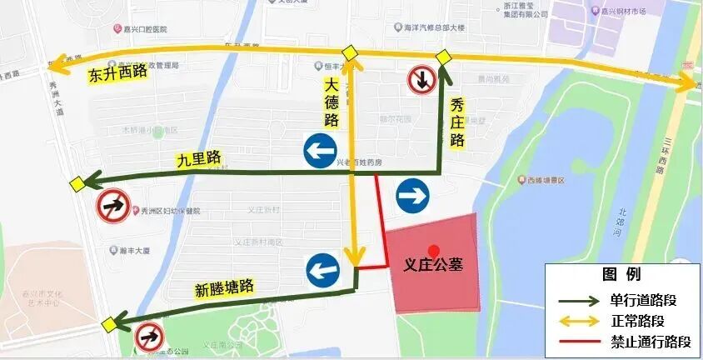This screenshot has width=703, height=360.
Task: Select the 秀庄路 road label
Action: (456, 122)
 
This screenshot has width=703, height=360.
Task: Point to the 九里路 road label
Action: (197, 158)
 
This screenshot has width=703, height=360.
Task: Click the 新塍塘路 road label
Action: (224, 288)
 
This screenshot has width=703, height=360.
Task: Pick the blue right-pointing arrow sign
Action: (412, 195)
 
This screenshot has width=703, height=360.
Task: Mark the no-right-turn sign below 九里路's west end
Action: (112, 206)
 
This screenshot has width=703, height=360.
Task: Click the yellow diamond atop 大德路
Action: (350, 53)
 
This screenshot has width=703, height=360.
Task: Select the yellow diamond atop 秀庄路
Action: (443, 57)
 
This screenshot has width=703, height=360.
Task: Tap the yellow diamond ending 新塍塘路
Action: (109, 324)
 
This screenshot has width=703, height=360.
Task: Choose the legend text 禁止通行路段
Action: (651, 341)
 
